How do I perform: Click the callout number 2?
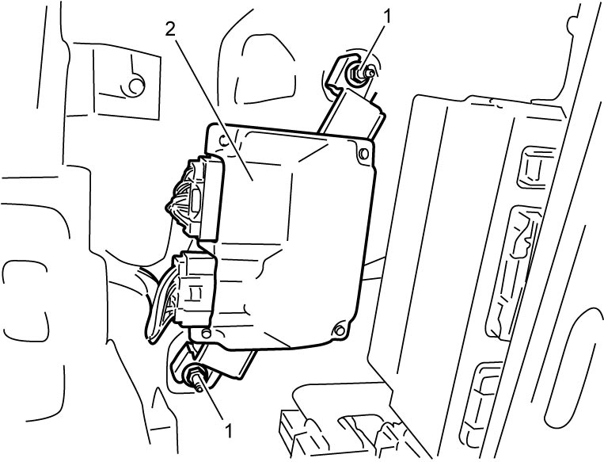coord(171,29)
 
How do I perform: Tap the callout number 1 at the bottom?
coord(229,431)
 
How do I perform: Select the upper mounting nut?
coord(355,72)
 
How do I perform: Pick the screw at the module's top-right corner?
coord(363,154)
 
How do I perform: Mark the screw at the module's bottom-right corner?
coord(340,330)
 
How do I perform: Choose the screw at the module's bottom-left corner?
coord(207,334)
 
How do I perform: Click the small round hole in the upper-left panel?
coord(135,86)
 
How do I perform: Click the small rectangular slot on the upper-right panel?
coord(534,166)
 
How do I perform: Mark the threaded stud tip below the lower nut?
coord(199,388)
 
